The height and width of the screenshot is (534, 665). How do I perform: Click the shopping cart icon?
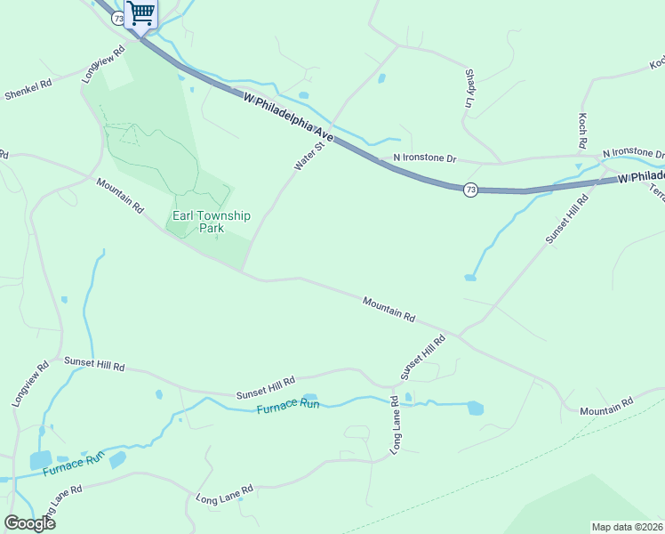pos(140,13)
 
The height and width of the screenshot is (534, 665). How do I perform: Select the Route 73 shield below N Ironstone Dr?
pos(470,190)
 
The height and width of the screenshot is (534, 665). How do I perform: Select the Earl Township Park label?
pos(212,222)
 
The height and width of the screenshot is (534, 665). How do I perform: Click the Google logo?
pos(29,522)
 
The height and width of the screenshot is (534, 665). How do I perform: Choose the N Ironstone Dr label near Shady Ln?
pos(424,158)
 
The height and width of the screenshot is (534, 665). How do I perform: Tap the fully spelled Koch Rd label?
pos(582,131)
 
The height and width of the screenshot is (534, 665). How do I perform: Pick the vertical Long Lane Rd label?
pos(395,425)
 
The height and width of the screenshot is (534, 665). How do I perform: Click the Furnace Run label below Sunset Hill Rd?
pos(287,407)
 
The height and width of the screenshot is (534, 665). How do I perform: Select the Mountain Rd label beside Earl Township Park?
pos(121,195)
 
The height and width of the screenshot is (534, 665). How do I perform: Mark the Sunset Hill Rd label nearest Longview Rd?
pos(94,364)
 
